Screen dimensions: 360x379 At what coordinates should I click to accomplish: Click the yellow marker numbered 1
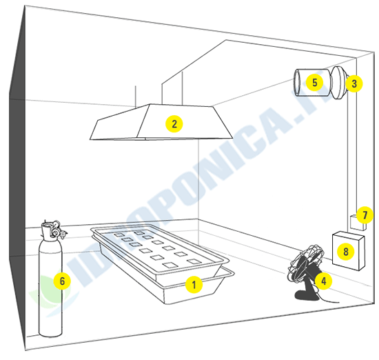pos(194,283)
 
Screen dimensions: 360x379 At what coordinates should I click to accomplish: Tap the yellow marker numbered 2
pos(175,124)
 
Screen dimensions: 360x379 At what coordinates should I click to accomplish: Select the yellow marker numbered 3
pos(354,83)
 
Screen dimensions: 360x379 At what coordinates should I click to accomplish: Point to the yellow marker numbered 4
pos(323,280)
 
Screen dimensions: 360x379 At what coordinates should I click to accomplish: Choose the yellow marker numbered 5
pos(314,82)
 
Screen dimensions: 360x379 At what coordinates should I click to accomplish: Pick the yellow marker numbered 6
pos(62,281)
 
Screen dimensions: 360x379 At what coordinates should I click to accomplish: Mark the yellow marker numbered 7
pos(366,215)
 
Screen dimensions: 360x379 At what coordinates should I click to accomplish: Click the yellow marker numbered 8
pos(345,252)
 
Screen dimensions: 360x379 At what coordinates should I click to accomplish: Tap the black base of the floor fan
pos(307,296)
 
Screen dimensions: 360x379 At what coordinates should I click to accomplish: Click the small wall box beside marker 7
pos(355,222)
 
